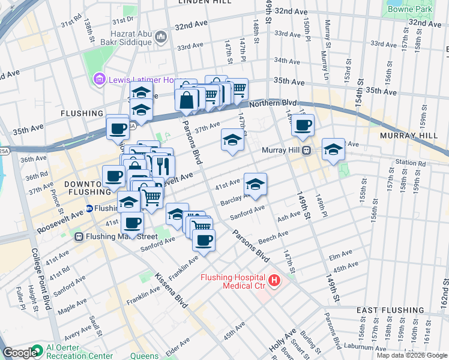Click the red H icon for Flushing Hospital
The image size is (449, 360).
274,280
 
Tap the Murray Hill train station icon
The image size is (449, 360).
306,150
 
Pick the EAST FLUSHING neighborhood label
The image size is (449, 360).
383,310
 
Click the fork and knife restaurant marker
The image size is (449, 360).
162,164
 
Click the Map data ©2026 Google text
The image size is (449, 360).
411,355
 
